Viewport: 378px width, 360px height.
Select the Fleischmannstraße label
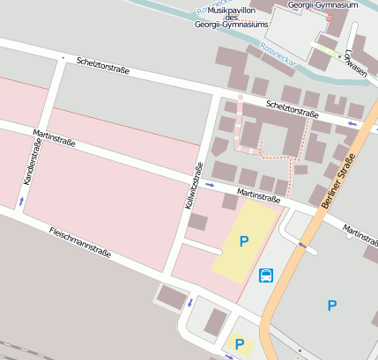click(80, 242)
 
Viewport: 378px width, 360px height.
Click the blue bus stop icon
click(266, 276)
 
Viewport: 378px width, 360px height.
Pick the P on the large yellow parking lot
click(244, 240)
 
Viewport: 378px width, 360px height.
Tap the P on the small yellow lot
click(236, 344)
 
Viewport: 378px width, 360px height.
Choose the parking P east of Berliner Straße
click(331, 305)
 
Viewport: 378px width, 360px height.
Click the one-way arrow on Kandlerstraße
click(21, 202)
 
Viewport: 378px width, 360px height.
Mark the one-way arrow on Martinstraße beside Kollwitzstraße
click(210, 185)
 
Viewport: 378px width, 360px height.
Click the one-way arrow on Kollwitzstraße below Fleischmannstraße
click(189, 303)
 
